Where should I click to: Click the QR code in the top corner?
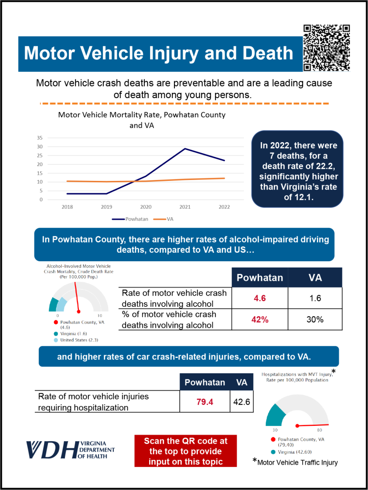pos(327,48)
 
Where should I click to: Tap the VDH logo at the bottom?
pos(70,449)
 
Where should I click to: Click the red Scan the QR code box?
pos(185,451)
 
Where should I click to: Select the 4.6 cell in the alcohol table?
pos(260,298)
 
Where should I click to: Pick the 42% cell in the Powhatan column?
pos(260,319)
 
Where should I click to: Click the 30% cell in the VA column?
pos(315,319)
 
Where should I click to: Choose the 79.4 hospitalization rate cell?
pos(205,401)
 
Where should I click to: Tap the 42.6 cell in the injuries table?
pos(241,401)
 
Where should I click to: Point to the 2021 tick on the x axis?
pos(185,207)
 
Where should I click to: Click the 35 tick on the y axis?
pos(40,138)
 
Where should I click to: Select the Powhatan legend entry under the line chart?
pos(131,219)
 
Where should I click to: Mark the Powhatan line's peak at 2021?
pos(185,149)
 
